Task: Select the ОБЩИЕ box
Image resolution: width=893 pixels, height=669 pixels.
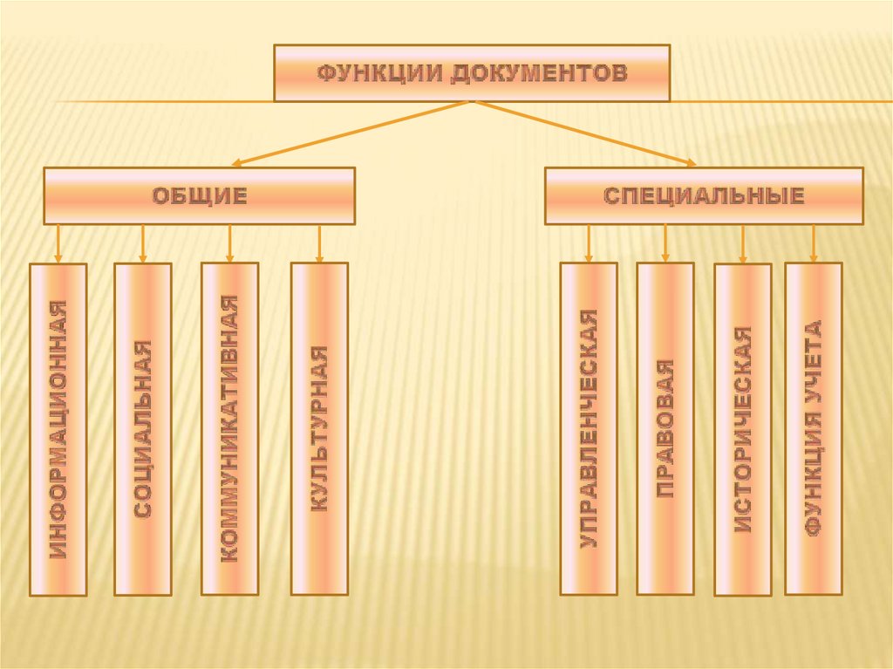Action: coord(200,196)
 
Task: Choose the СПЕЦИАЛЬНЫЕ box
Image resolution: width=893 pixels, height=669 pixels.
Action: coord(704,196)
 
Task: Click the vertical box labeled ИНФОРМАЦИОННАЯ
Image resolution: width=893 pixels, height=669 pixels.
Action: coord(58,429)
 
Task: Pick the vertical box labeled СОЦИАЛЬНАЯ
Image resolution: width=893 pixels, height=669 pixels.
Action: coord(143,429)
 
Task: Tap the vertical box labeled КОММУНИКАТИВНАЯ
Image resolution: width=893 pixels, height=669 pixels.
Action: coord(229,429)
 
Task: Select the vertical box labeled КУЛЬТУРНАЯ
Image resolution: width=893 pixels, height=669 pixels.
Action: coord(319,429)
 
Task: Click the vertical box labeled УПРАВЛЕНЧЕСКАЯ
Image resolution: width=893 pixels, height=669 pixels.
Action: coord(589,429)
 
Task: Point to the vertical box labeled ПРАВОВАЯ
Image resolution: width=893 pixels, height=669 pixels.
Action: coord(665,429)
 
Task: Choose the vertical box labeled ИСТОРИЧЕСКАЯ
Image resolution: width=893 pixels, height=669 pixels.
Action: coord(742,429)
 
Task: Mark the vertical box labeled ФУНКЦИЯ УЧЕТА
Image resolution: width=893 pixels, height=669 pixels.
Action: coord(814,429)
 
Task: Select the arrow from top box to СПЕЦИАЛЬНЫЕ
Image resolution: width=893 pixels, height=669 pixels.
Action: coord(585,133)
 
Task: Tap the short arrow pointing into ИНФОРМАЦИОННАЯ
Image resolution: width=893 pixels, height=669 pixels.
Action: coord(58,243)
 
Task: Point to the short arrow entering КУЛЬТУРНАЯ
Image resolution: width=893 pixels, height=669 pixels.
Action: coord(319,243)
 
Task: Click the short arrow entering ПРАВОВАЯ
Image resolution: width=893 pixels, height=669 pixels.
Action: coord(665,243)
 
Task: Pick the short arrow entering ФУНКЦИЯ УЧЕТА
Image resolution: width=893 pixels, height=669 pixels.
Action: coord(814,243)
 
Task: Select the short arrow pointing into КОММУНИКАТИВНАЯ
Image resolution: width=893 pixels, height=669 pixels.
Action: coord(229,243)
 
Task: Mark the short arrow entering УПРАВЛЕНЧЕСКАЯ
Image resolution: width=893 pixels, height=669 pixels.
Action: coord(589,243)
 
